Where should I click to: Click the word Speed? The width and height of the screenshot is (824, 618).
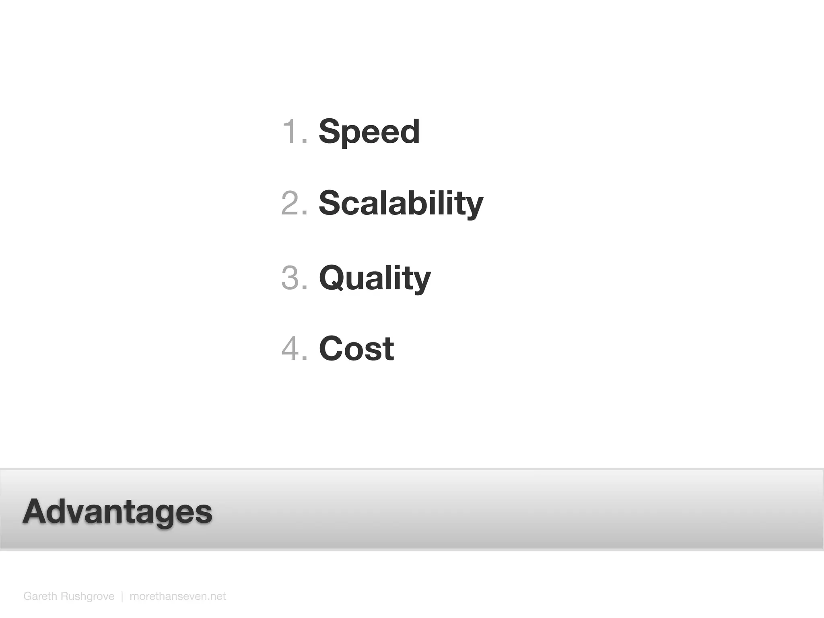(369, 132)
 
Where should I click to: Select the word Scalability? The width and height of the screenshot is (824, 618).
(401, 203)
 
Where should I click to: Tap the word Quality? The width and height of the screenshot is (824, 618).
(375, 278)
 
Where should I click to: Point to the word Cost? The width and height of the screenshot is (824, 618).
(356, 348)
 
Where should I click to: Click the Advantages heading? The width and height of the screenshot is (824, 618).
(117, 511)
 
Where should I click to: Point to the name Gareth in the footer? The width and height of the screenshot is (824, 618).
(40, 596)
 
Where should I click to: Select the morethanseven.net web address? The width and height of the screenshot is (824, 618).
(177, 596)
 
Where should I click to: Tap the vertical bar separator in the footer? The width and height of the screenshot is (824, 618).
(122, 596)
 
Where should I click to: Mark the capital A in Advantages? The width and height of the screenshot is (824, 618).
(36, 511)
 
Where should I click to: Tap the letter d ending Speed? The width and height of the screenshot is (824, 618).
(410, 132)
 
